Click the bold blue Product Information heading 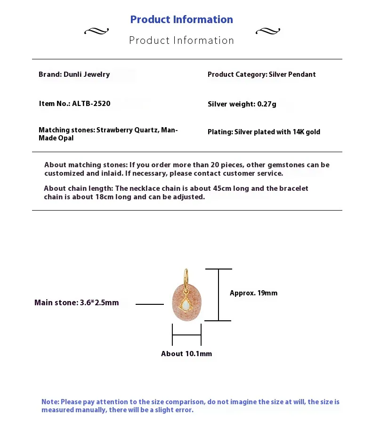(x=181, y=19)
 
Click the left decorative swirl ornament (x=96, y=32)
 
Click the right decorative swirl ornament (x=267, y=32)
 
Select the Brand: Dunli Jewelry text (x=74, y=74)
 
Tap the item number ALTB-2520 (x=91, y=104)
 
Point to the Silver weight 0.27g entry (x=242, y=104)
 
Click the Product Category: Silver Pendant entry (x=261, y=74)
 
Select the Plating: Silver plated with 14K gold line (x=264, y=132)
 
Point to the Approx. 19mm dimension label (x=253, y=293)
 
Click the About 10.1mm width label (x=186, y=354)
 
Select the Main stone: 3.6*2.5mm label (x=76, y=302)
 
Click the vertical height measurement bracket (x=218, y=295)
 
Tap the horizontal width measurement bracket (x=186, y=335)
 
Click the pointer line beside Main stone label (x=149, y=304)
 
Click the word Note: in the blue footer (x=50, y=402)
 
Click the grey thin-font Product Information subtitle (x=181, y=41)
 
